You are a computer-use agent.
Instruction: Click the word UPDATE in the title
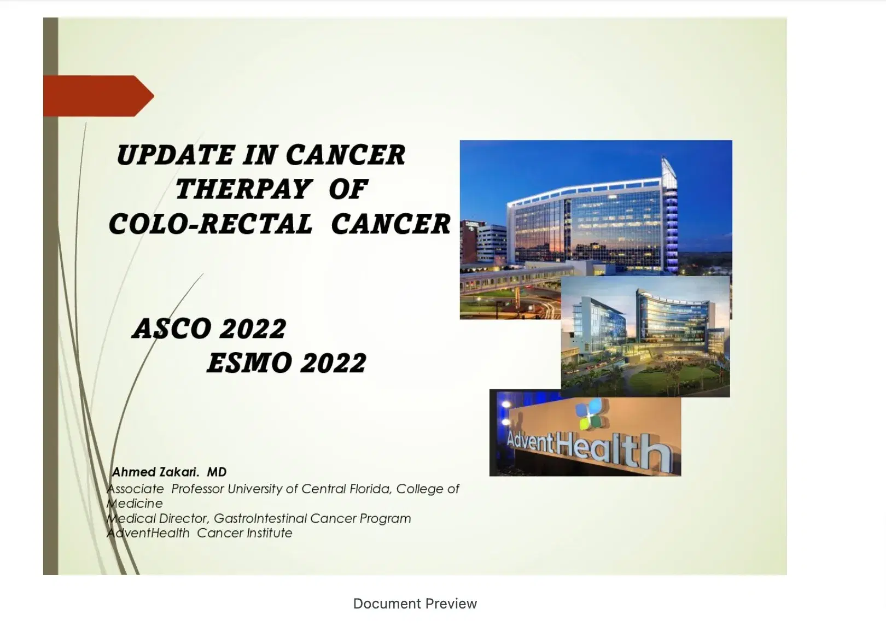[175, 155]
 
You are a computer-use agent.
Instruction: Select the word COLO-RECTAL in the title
[211, 224]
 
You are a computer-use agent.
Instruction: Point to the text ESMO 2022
[287, 363]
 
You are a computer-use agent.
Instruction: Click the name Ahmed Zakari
[155, 472]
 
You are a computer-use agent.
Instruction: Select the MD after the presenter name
[217, 472]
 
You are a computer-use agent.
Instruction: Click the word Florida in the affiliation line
[371, 489]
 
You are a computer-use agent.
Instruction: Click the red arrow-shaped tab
[98, 96]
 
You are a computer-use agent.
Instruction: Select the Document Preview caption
[415, 604]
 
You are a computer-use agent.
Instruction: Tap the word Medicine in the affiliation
[135, 504]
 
